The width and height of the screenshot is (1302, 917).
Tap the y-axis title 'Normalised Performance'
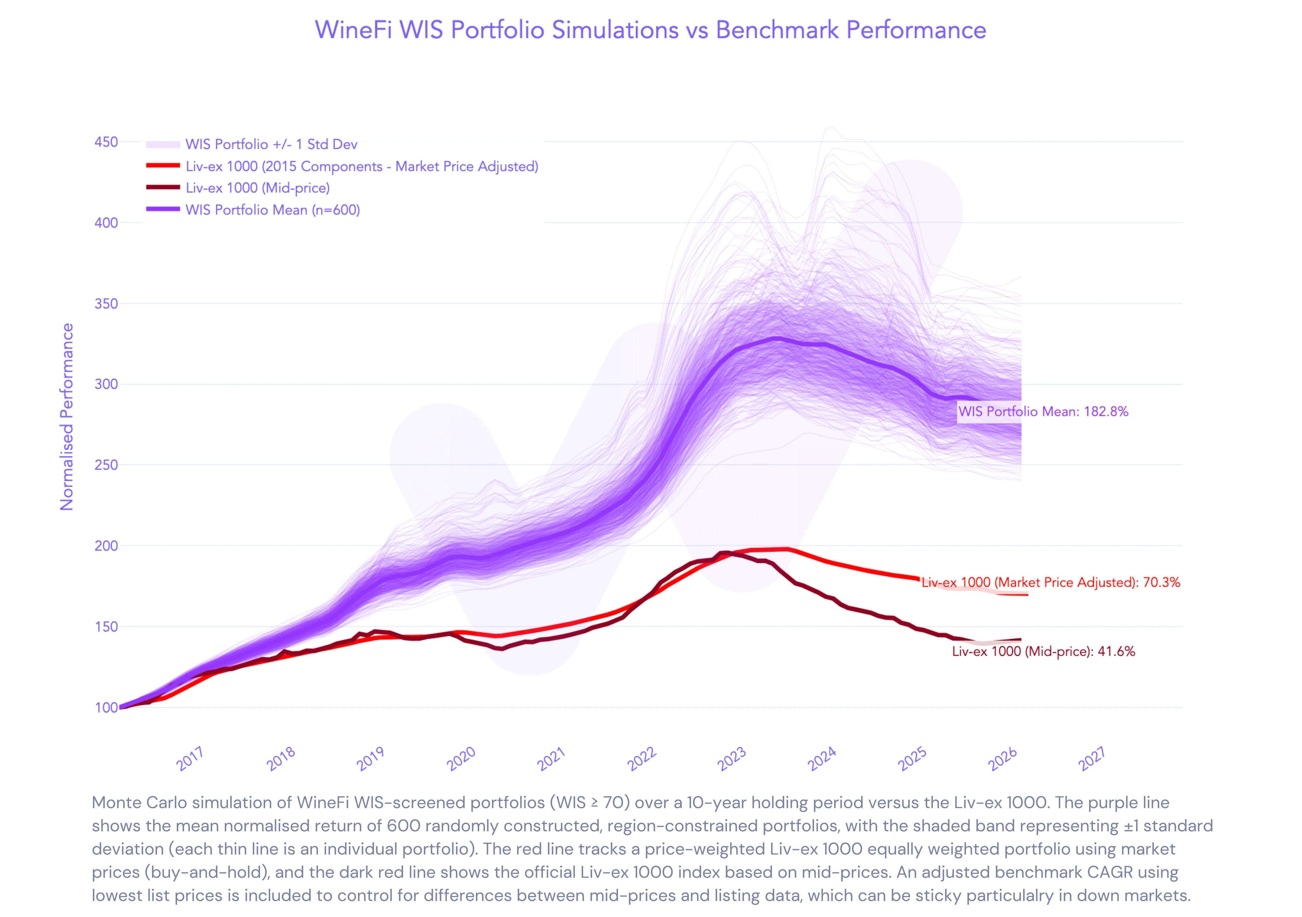pos(67,417)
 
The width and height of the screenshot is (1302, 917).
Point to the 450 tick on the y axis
pos(106,142)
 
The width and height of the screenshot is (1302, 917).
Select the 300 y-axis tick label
pos(106,384)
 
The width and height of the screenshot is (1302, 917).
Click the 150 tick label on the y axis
pos(106,627)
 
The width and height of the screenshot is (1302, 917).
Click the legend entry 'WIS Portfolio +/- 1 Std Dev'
pos(271,144)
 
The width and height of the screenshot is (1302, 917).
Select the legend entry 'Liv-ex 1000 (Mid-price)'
pos(257,188)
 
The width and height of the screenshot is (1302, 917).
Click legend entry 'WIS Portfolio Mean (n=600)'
pos(272,210)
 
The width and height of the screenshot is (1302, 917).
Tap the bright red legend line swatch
pos(163,166)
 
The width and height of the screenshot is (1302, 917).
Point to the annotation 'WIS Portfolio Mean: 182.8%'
pos(1043,411)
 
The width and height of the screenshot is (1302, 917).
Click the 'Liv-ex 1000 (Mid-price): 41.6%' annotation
pos(1043,651)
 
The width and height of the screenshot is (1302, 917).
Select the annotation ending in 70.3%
pos(1050,583)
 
